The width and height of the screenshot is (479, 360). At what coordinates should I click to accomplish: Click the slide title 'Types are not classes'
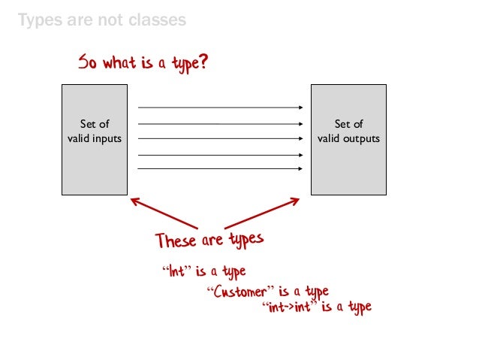[101, 20]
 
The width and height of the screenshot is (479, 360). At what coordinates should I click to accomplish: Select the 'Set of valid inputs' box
[95, 139]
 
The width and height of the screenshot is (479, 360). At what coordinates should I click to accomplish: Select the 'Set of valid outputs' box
[348, 139]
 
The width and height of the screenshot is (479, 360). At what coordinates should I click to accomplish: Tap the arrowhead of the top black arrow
[300, 107]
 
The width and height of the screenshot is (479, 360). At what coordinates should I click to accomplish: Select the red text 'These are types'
[209, 241]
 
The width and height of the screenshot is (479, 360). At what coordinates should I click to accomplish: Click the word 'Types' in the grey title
[38, 20]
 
